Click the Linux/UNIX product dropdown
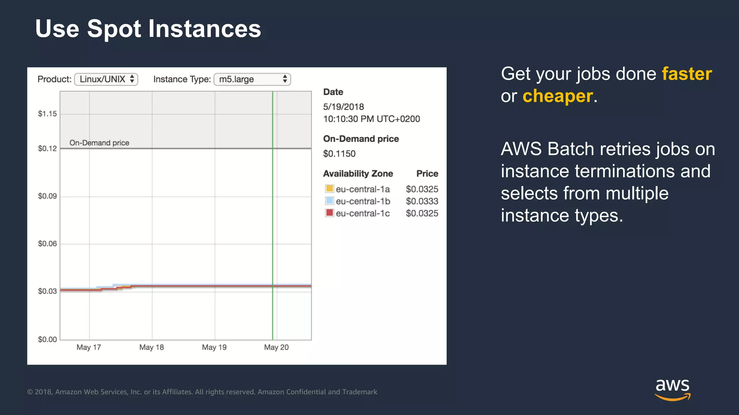tap(106, 79)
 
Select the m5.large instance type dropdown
tap(252, 79)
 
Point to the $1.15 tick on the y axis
tap(47, 114)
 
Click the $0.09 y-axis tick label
tap(47, 196)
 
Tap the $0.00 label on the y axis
tap(47, 339)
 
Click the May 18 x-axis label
tap(152, 347)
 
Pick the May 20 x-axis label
tap(276, 347)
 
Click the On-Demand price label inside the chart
tap(99, 143)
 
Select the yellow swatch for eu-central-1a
tap(329, 188)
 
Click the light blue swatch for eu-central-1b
tap(329, 201)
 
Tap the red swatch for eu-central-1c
tap(329, 213)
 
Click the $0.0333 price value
tap(422, 201)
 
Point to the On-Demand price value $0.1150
tap(339, 154)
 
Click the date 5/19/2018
tap(344, 107)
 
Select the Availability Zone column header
tap(358, 174)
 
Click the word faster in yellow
tap(687, 74)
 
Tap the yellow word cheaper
tap(557, 96)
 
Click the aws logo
tap(673, 389)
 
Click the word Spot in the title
tap(114, 29)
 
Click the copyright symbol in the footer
tap(30, 392)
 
